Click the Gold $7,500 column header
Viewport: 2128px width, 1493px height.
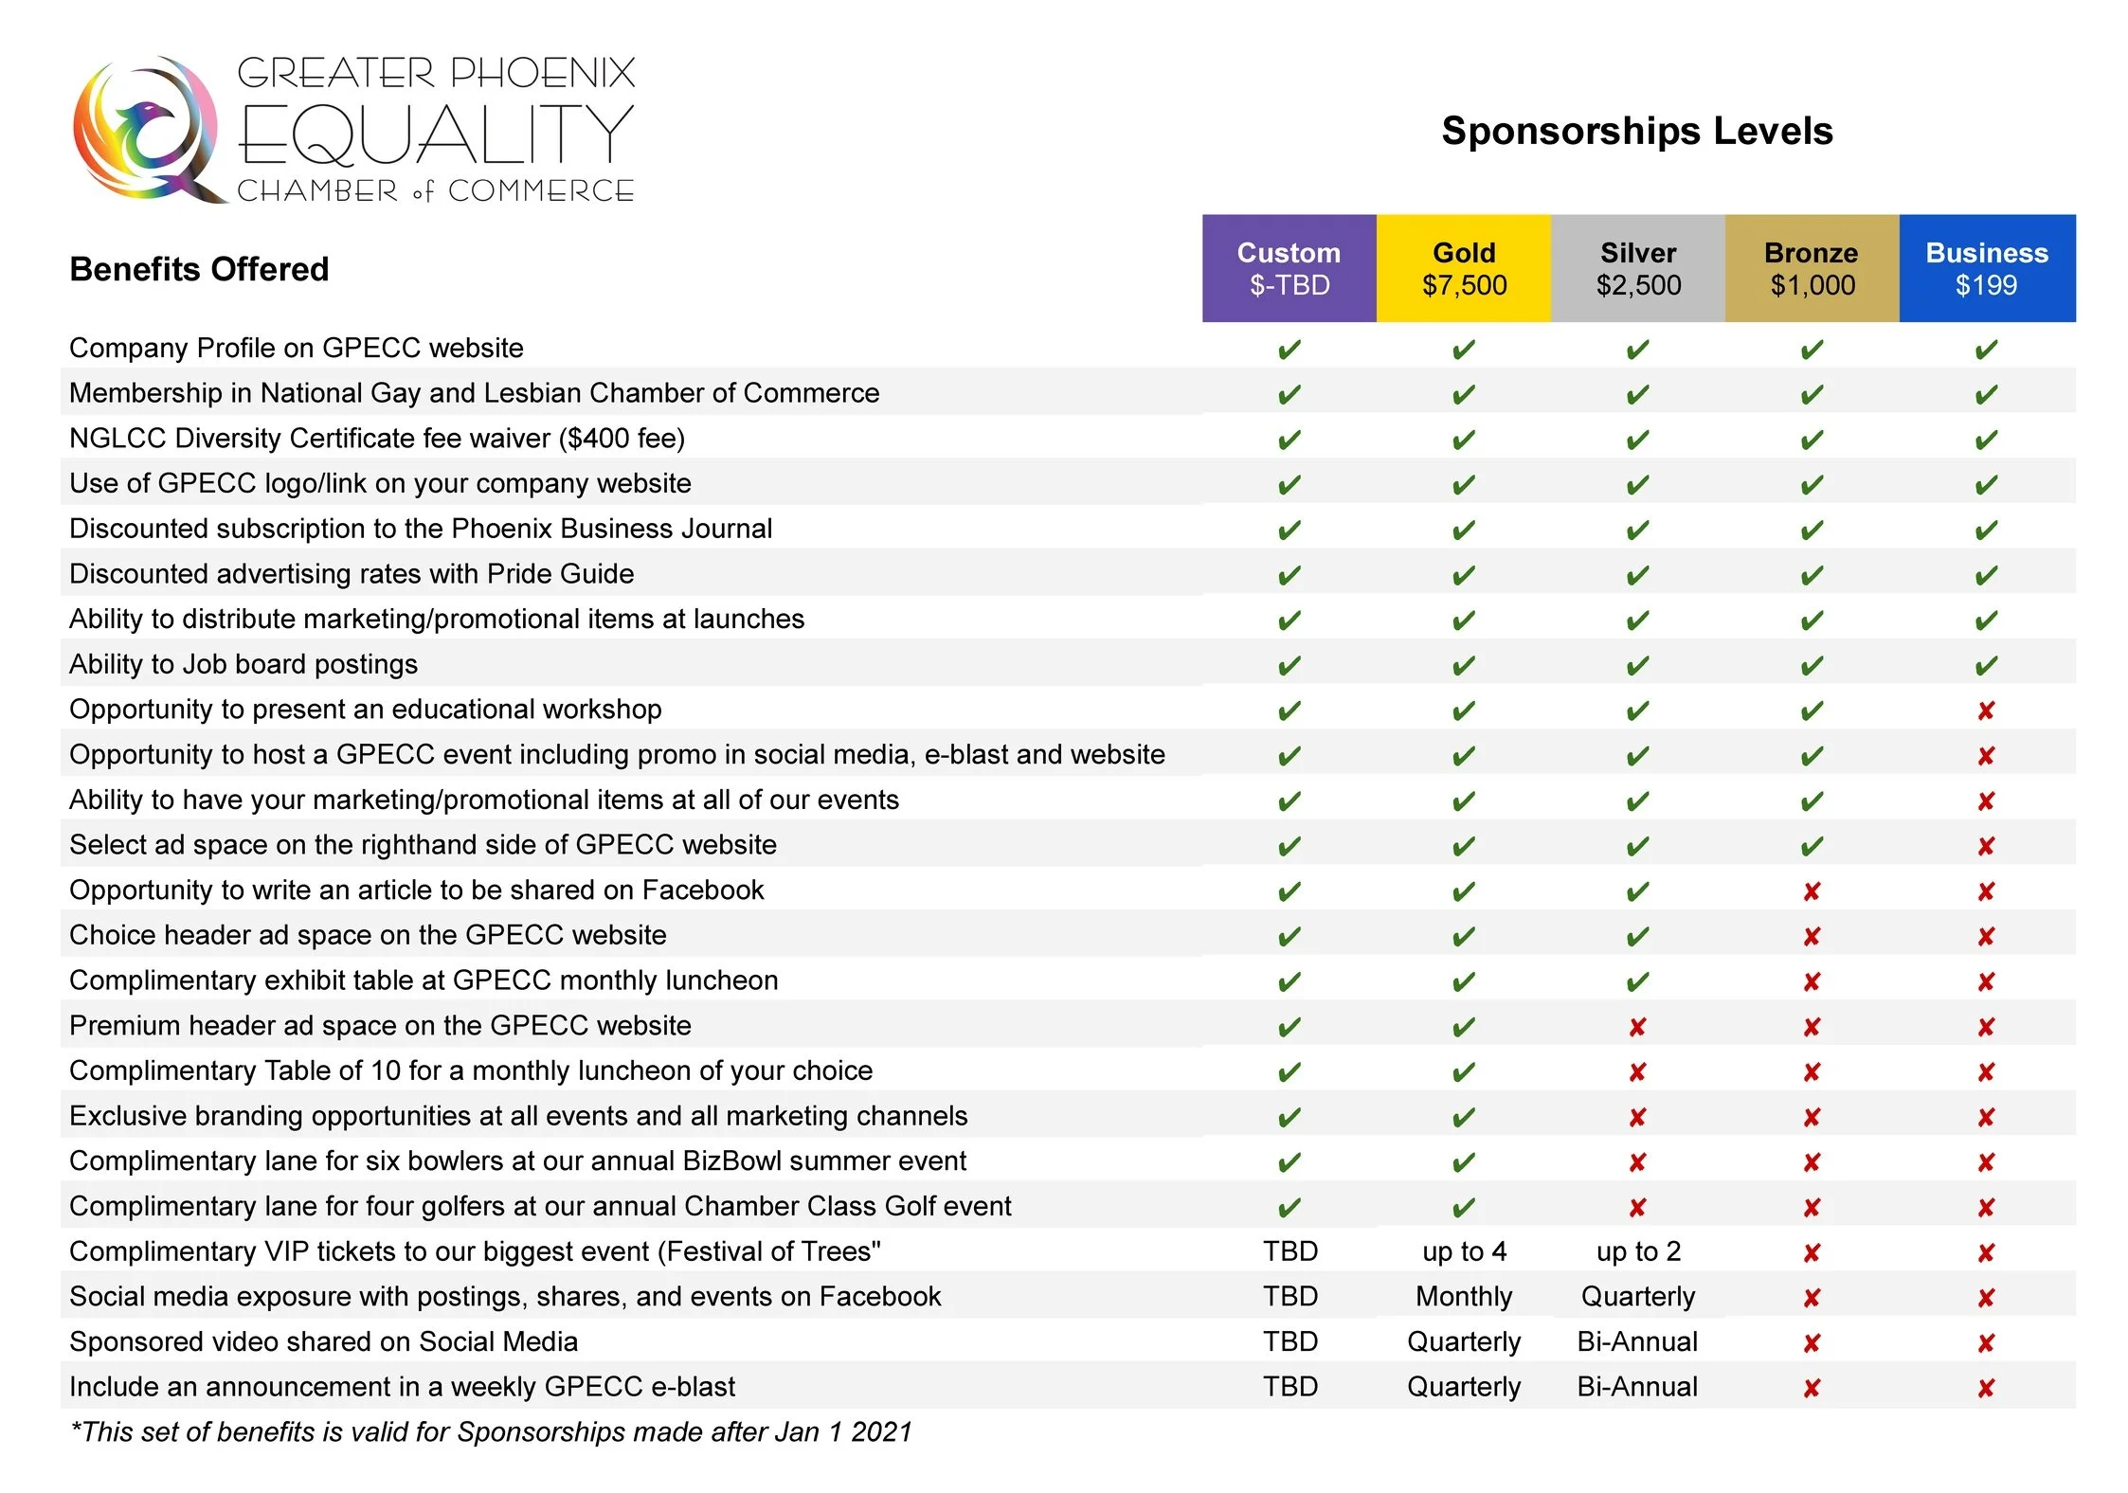(1463, 269)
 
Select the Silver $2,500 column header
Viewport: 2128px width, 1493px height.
(1637, 269)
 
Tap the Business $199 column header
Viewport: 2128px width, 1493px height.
(1986, 269)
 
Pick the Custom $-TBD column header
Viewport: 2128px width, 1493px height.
(1289, 269)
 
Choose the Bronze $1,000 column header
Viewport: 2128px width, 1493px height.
(1812, 269)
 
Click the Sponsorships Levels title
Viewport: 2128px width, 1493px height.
(1636, 131)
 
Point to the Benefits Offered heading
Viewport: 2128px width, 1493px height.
(199, 270)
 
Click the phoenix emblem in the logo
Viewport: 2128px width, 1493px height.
(147, 130)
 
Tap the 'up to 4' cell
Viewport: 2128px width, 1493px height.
(1464, 1251)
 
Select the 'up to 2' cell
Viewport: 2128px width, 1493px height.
(1638, 1251)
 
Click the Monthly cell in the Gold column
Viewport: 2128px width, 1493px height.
(1464, 1296)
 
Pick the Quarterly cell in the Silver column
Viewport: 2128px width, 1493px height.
(1638, 1296)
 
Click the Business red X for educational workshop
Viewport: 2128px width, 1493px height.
(1986, 711)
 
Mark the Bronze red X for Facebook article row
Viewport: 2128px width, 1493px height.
(1812, 891)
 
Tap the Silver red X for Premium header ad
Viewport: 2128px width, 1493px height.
(1637, 1027)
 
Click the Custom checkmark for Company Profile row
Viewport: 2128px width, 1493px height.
(1289, 350)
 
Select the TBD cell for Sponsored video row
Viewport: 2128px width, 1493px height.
(1289, 1341)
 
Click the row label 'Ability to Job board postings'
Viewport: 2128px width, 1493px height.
(243, 664)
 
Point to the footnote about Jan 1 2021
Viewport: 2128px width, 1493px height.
(491, 1431)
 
